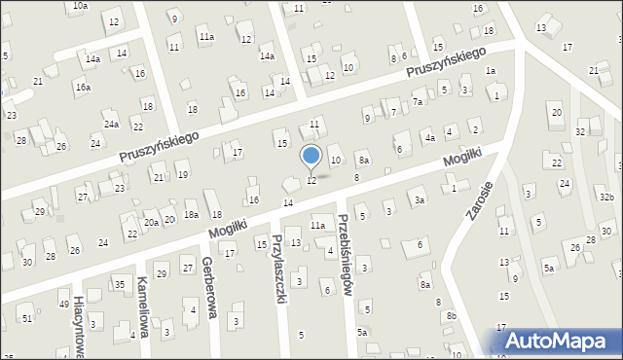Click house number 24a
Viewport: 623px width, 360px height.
[112, 125]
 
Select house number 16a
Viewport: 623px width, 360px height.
[84, 88]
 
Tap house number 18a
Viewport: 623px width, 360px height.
[192, 214]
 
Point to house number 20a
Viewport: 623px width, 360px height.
[151, 222]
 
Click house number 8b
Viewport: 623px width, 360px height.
[451, 316]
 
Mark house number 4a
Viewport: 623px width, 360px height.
[428, 138]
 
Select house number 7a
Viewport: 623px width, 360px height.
[419, 101]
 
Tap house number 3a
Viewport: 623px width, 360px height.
[420, 200]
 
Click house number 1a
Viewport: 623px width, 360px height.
[492, 70]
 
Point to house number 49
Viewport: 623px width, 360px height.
[64, 305]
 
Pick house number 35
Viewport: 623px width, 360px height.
[119, 284]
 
